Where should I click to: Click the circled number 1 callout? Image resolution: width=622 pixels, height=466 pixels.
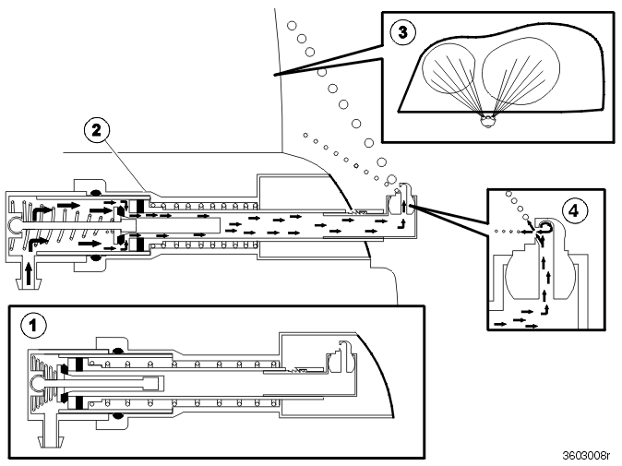coord(33,325)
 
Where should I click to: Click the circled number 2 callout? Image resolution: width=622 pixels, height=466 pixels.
coord(97,130)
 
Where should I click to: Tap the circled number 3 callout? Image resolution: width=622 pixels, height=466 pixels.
coord(403,32)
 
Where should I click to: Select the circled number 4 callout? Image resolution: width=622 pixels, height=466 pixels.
coord(574,210)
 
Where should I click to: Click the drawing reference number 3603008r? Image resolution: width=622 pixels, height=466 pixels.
coord(585,455)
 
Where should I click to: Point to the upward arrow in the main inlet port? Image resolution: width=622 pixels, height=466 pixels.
coord(29,274)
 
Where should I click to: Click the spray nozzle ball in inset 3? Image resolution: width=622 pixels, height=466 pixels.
coord(487,121)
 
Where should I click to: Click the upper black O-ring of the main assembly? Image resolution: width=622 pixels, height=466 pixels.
coord(95,194)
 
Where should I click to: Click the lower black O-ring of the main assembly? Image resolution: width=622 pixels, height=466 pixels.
coord(95,258)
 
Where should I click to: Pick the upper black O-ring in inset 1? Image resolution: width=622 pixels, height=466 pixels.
coord(117,351)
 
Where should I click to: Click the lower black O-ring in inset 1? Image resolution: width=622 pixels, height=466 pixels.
coord(117,415)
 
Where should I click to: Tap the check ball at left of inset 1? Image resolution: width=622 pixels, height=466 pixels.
coord(36,382)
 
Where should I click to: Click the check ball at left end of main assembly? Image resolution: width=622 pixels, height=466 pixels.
coord(14,226)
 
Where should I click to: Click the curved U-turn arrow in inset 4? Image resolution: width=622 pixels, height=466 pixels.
coord(545,228)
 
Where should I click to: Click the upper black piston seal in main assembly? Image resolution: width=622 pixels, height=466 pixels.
coord(141,206)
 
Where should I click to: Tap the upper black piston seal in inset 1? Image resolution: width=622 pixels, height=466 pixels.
coord(79,364)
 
